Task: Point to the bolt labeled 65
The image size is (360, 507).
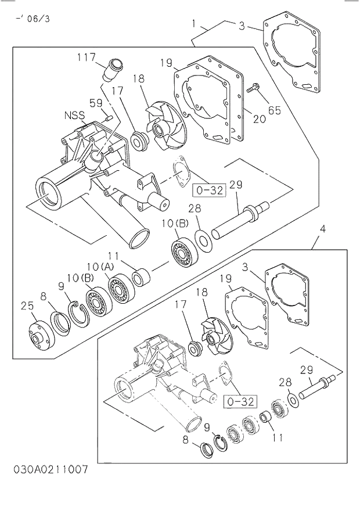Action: (254, 89)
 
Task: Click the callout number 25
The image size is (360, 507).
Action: (27, 306)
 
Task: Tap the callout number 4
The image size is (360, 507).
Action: (322, 229)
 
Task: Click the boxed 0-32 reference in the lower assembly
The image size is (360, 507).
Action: (238, 401)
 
